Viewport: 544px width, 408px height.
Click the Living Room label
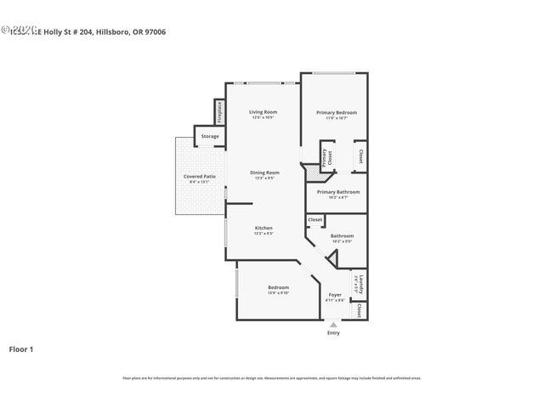click(x=263, y=112)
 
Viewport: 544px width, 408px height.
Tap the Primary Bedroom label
click(x=337, y=112)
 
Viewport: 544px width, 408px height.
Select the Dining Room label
click(x=264, y=173)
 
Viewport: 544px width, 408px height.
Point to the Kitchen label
click(x=264, y=228)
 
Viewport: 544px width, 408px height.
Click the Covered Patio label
click(x=200, y=177)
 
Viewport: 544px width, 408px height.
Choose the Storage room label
click(x=210, y=136)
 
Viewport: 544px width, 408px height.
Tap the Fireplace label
click(x=218, y=110)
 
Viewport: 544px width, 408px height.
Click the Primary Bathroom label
click(x=338, y=192)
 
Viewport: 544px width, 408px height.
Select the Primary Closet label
click(x=324, y=156)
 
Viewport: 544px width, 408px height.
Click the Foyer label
click(x=335, y=295)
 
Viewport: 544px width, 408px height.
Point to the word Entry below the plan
click(x=333, y=332)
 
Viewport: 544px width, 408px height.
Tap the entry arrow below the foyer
click(x=333, y=324)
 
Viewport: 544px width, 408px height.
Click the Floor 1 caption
click(x=21, y=348)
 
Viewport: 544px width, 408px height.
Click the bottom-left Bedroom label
click(x=279, y=287)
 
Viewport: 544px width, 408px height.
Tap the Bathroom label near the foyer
click(x=342, y=235)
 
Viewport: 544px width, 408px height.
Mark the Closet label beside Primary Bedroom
click(x=360, y=156)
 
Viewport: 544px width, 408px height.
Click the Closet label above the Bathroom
click(x=315, y=219)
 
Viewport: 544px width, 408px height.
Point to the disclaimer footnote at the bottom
click(x=272, y=377)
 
